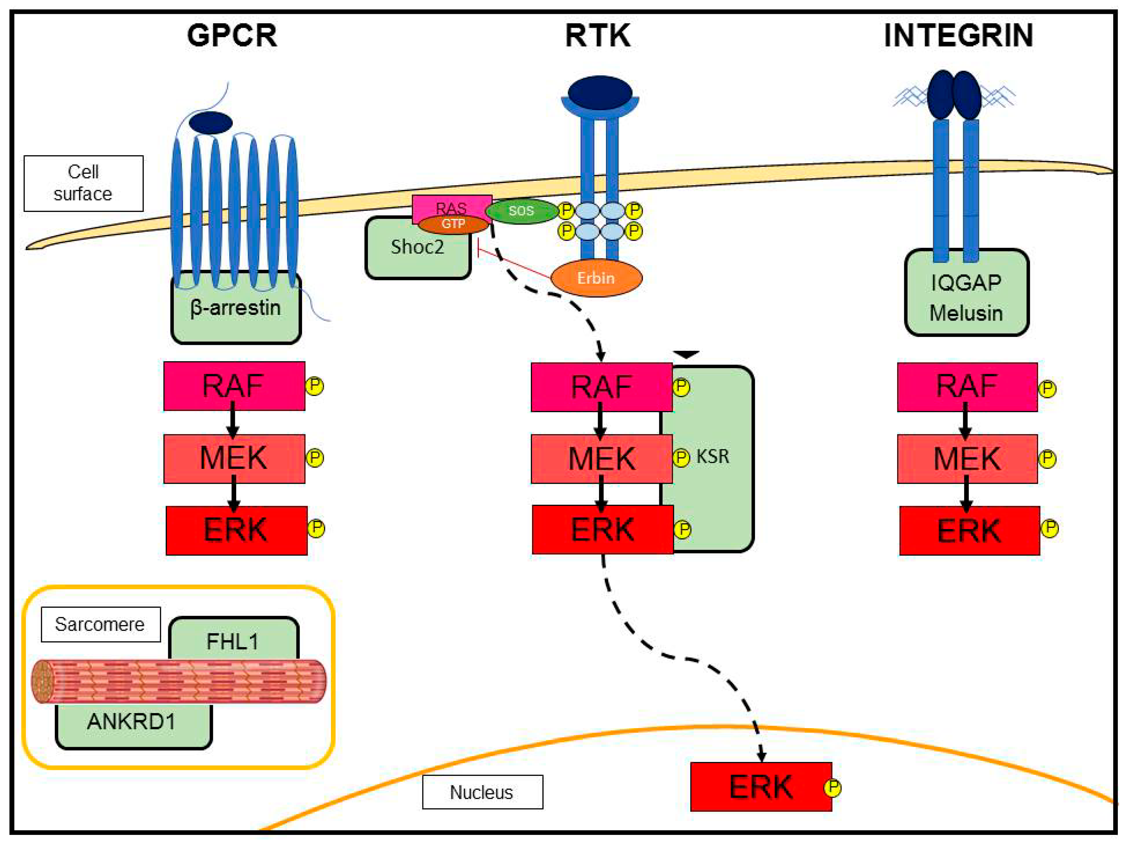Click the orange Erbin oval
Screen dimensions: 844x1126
point(596,278)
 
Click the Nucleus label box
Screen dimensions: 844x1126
point(482,792)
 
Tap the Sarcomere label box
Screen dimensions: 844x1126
point(100,624)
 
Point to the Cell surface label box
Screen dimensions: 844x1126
point(83,183)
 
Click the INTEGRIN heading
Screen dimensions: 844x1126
point(958,36)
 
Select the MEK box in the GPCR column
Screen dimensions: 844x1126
point(234,458)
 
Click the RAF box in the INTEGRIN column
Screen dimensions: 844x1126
point(967,387)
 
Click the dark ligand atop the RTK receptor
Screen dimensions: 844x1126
point(600,92)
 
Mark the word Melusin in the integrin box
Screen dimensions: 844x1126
point(966,313)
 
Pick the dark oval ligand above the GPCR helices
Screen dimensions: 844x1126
point(210,123)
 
